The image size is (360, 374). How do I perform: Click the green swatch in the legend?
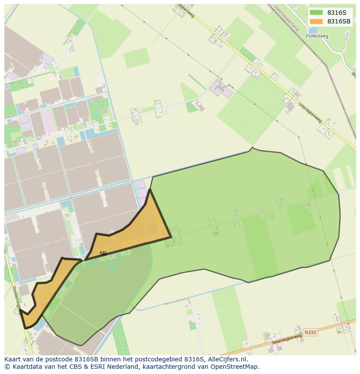pos(316,13)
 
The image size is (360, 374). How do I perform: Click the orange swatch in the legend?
pos(316,21)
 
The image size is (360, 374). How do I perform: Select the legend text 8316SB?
pos(339,21)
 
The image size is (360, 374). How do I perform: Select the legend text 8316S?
pos(337,13)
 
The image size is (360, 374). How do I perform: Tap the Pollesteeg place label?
pos(317,36)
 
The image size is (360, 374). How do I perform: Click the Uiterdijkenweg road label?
pos(310,113)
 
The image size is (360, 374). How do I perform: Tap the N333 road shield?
pos(310,332)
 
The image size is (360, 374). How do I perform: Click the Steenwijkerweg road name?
pos(287,339)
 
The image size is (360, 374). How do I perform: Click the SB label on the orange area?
pos(103,254)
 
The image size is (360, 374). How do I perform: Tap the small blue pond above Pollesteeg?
pos(313,30)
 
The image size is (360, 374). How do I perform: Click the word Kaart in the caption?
pos(13,359)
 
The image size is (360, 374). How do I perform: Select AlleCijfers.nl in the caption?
pos(227,359)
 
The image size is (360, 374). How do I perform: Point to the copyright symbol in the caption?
pos(7,367)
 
